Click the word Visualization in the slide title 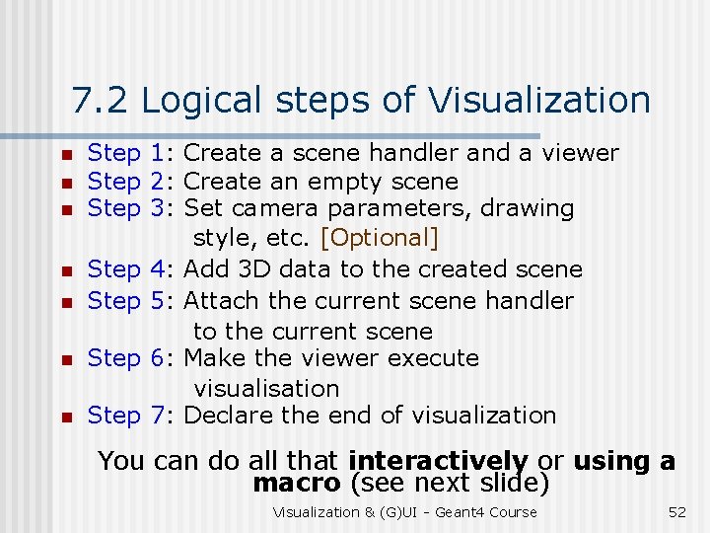coord(538,101)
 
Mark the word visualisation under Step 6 coord(266,389)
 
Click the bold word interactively coord(438,461)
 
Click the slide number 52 coord(677,511)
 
